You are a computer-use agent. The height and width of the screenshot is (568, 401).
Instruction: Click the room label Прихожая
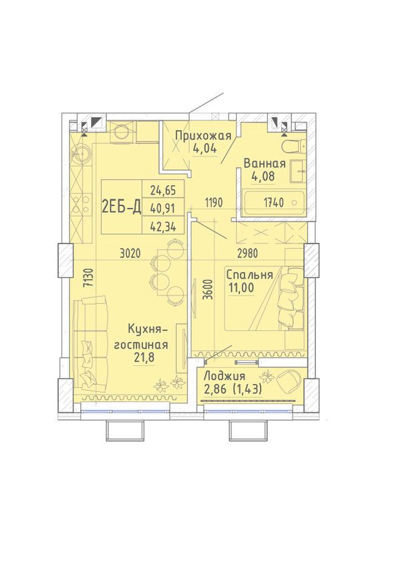pos(203,136)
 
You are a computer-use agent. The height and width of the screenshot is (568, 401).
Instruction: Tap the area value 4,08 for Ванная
pos(263,176)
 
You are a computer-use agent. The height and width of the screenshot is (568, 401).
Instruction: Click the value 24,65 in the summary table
pos(163,189)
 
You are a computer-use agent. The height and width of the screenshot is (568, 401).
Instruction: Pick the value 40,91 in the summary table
pos(163,208)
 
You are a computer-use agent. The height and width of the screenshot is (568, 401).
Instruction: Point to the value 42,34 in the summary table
pos(163,227)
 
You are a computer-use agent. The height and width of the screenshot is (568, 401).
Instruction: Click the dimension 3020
pos(130,254)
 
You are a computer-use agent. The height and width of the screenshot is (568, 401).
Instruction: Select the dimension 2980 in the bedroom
pos(247,254)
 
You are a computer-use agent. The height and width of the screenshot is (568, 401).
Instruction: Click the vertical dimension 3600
pos(207,289)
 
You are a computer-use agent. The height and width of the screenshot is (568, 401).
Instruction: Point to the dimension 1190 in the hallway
pos(213,203)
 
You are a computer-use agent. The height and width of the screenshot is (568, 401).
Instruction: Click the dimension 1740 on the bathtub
pos(273,203)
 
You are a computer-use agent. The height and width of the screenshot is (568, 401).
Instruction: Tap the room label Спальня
pos(249,275)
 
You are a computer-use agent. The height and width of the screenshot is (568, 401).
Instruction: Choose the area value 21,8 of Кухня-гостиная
pos(144,357)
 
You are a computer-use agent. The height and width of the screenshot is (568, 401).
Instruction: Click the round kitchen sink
pos(81,154)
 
